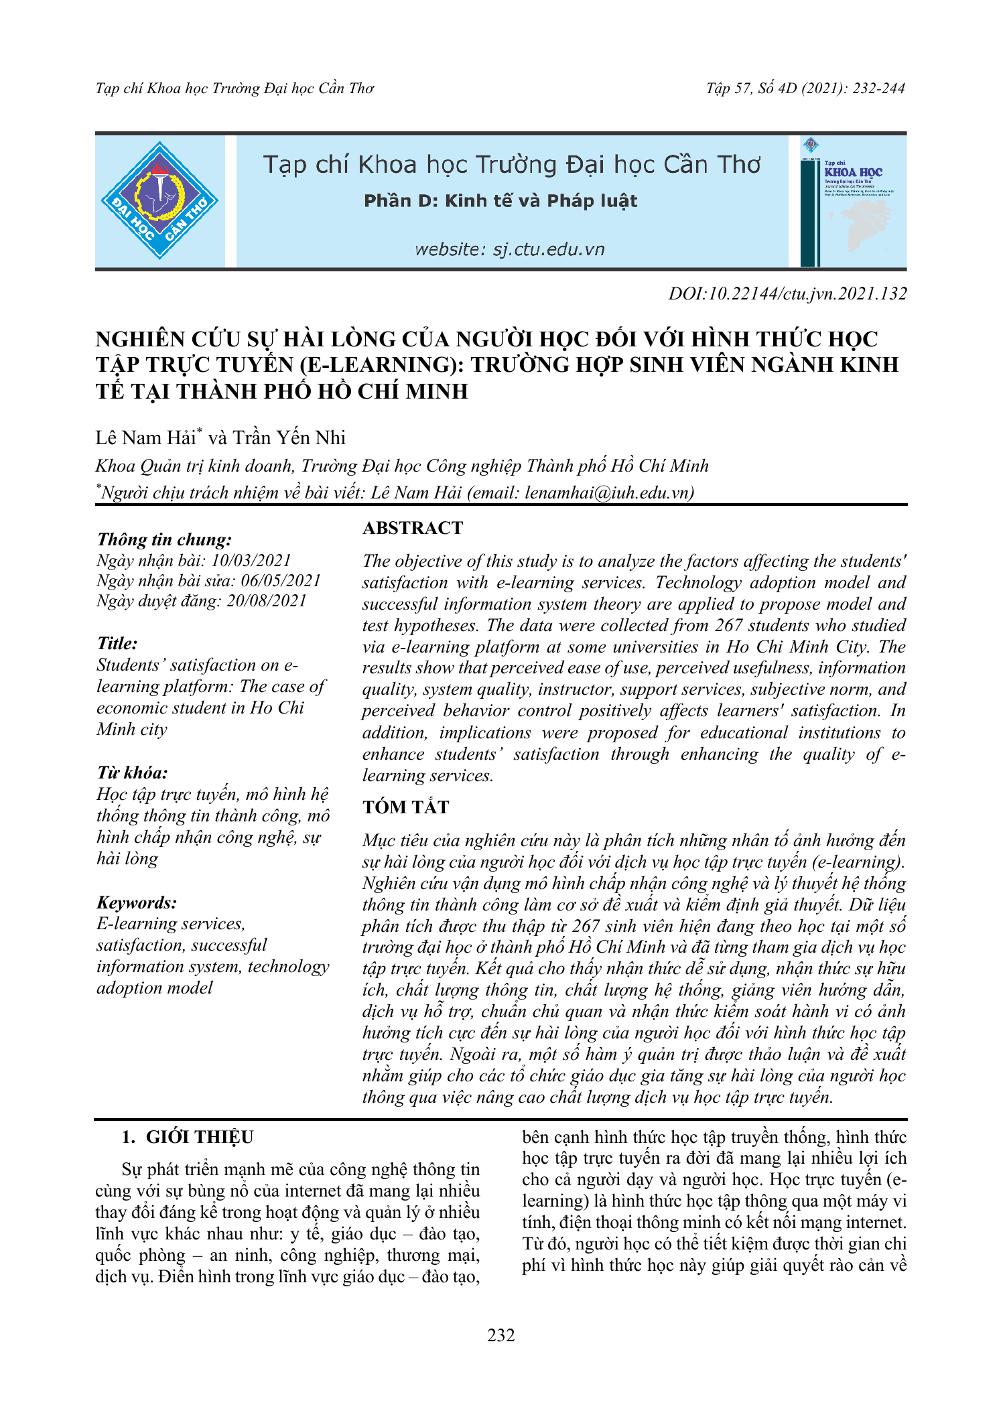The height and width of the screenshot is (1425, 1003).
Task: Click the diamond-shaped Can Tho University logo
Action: point(159,200)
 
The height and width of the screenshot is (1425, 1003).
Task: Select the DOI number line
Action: point(787,293)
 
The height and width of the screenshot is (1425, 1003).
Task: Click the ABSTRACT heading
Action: point(412,528)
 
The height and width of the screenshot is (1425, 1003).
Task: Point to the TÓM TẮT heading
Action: point(405,807)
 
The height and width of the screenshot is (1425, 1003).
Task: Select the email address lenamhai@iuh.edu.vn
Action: point(608,493)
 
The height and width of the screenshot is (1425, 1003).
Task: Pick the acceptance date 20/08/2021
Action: point(267,600)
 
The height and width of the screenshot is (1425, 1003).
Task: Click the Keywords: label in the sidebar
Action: point(137,902)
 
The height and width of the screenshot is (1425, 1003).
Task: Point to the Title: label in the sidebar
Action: point(117,643)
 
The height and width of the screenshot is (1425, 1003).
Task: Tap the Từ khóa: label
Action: point(132,773)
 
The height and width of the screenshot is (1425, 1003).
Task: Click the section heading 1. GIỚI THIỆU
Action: point(187,1138)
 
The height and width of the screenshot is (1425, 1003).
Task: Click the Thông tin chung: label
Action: point(164,539)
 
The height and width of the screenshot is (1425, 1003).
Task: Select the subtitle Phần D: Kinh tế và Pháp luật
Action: point(500,201)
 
